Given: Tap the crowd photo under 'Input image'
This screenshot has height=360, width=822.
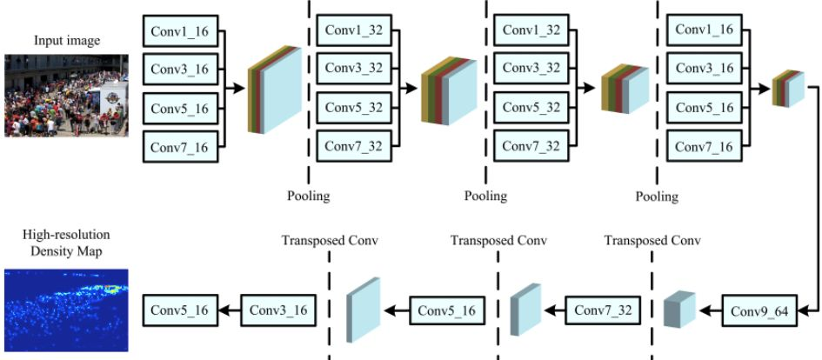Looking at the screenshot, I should (66, 96).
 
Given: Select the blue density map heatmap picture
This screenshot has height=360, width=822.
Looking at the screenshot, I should (66, 310).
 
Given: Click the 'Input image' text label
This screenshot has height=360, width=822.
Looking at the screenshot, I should (66, 40).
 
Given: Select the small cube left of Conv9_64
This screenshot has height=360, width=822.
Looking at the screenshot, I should (680, 310).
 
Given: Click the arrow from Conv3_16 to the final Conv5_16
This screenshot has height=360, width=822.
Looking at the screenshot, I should (227, 310).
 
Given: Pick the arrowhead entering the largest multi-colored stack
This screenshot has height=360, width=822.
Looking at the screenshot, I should (240, 89).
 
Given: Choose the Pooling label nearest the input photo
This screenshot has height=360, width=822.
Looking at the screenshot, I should (309, 196).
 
